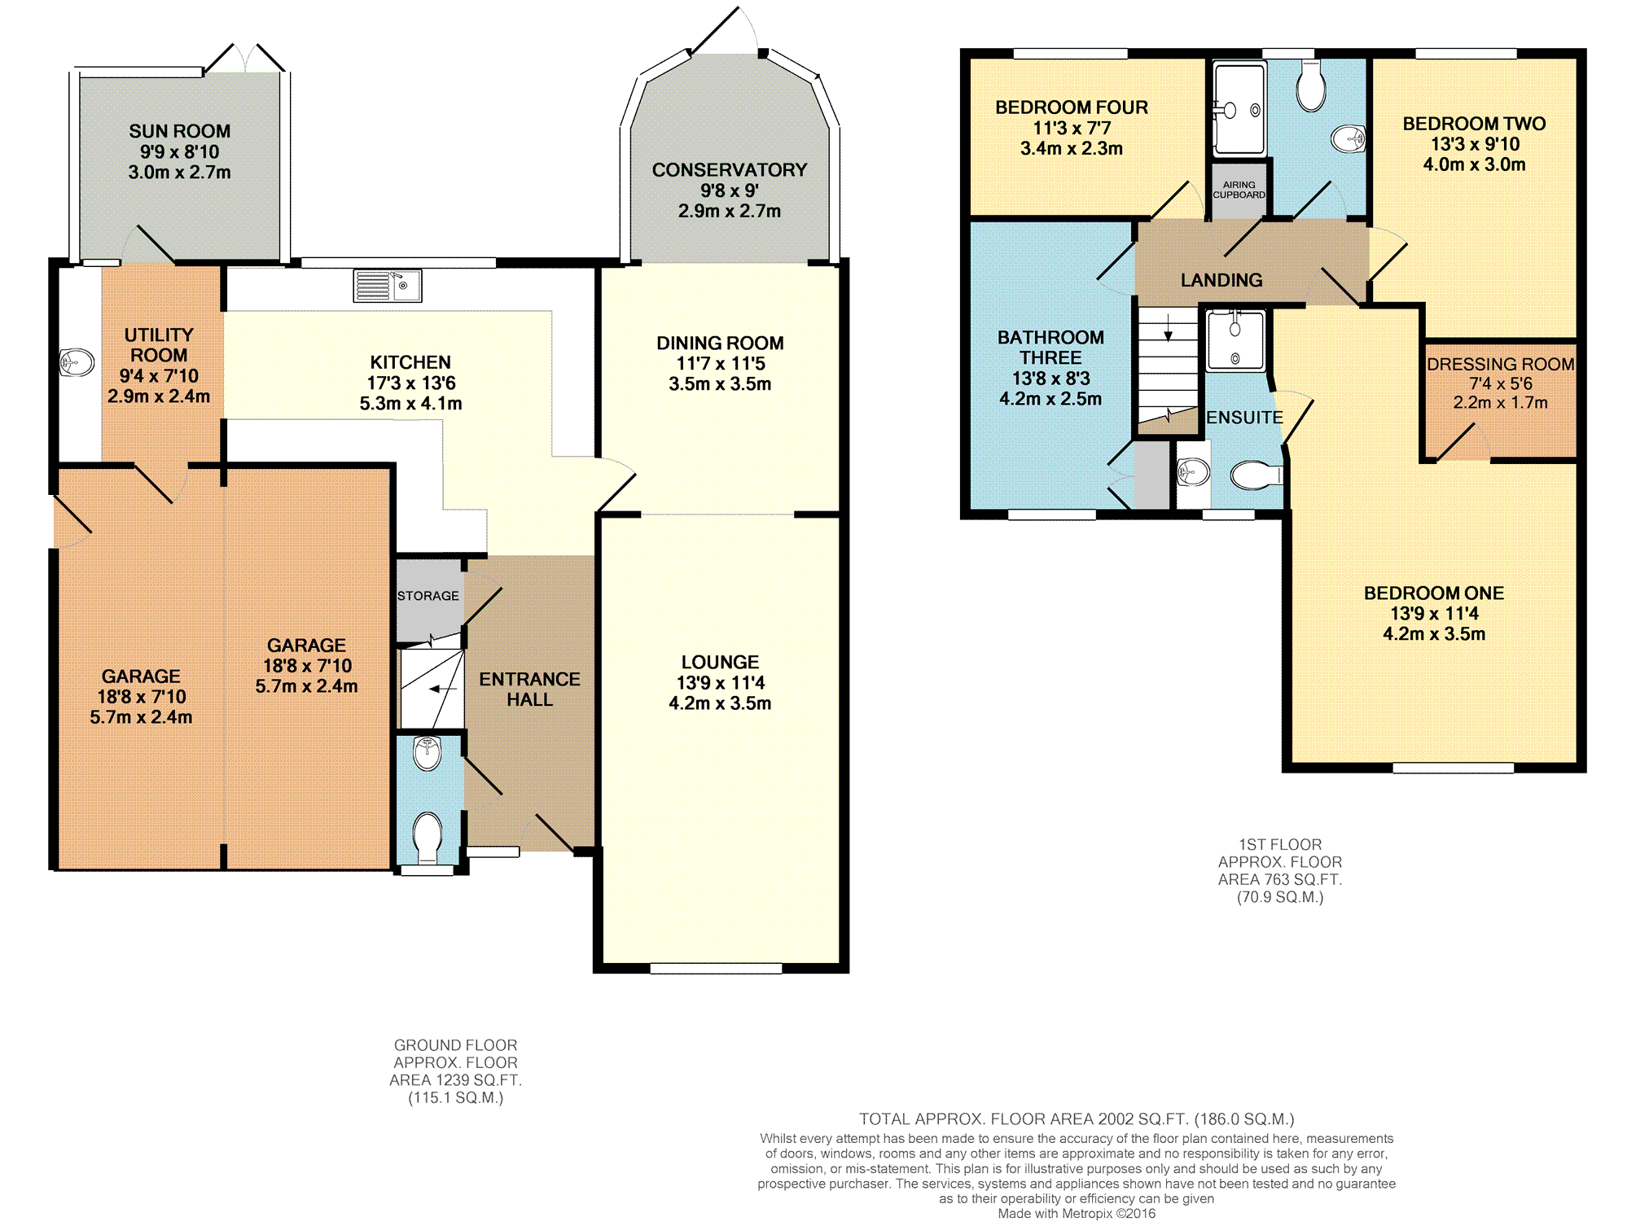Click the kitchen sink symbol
point(387,286)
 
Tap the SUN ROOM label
point(179,131)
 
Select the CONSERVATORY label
point(730,170)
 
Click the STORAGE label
point(428,596)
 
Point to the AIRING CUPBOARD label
point(1239,190)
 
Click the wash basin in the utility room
point(77,361)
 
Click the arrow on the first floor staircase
point(1169,327)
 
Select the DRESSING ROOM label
point(1501,364)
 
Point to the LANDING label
point(1221,280)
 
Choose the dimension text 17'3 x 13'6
point(411,383)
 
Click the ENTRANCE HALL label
point(529,690)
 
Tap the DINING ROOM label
point(720,344)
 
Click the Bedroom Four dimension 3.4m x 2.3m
point(1072,149)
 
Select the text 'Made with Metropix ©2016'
point(1077,1214)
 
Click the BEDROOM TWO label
point(1474,124)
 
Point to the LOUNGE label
point(720,663)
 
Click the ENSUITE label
point(1244,418)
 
